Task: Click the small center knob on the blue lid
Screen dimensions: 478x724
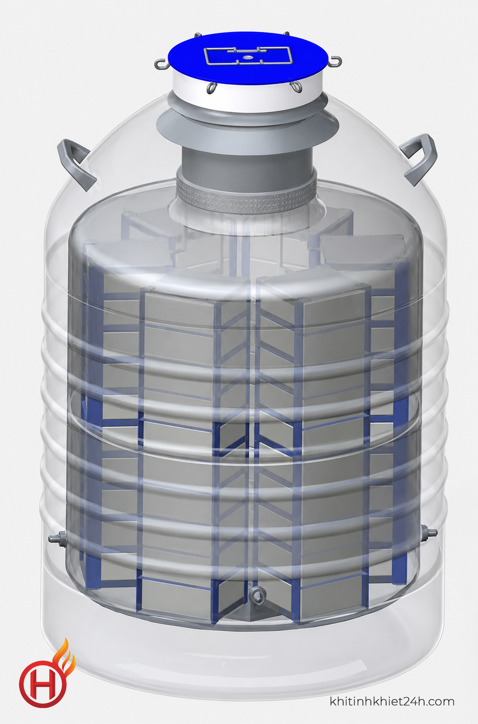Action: (x=248, y=57)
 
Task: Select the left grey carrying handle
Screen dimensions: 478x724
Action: (x=76, y=165)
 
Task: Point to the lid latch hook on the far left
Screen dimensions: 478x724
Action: (x=161, y=64)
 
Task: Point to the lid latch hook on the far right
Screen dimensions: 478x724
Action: (x=335, y=61)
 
